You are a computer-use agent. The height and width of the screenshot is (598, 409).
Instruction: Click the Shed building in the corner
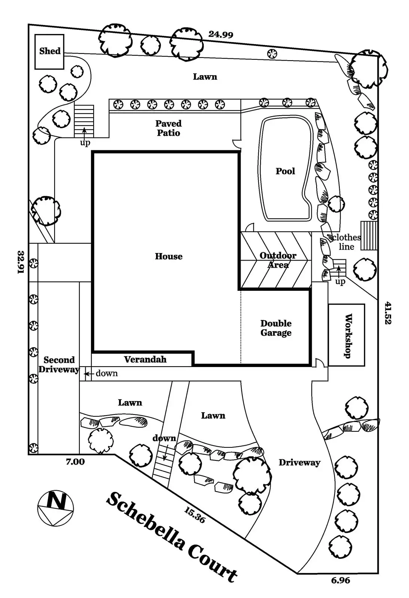click(49, 52)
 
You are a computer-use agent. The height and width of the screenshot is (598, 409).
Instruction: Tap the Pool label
click(285, 171)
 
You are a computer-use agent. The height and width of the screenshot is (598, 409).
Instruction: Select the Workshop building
click(347, 335)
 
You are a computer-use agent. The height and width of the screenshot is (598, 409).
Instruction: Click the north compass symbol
click(55, 508)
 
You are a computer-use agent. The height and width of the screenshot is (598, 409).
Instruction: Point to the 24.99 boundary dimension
click(221, 34)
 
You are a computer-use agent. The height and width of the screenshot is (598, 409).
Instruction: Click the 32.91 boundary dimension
click(21, 262)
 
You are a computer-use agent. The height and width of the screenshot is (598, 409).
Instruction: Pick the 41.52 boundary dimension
click(388, 313)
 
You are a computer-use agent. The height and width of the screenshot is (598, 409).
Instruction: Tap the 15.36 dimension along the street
click(195, 515)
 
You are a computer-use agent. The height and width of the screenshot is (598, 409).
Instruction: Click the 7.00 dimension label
click(75, 462)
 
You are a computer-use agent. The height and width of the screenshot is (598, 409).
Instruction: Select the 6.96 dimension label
click(341, 580)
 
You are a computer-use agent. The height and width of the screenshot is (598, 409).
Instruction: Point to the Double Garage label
click(276, 328)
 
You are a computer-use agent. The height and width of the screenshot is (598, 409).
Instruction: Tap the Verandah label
click(145, 360)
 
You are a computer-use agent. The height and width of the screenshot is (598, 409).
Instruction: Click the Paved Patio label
click(168, 128)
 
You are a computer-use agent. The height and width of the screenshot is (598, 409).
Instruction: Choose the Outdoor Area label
click(278, 260)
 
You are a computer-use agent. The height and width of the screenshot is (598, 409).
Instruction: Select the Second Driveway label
click(59, 365)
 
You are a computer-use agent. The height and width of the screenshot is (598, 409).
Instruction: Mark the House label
click(169, 256)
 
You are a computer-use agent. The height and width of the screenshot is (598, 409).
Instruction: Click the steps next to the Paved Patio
click(84, 121)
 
